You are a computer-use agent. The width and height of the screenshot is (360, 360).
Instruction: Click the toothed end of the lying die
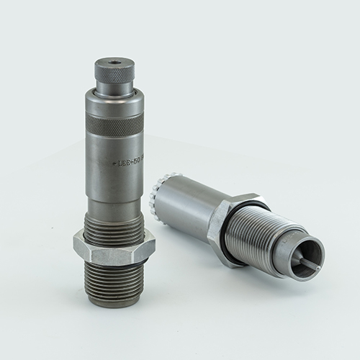pos(156,197)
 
